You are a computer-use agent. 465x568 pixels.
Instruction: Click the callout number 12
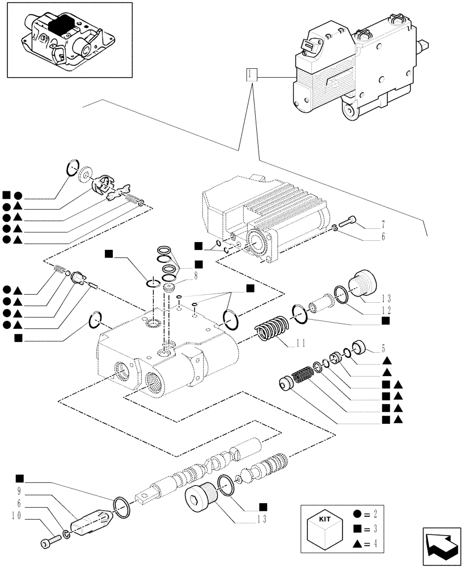coord(386,310)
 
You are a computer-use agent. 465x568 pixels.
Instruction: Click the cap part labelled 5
coord(358,346)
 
